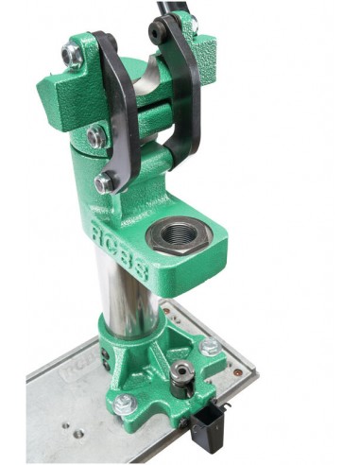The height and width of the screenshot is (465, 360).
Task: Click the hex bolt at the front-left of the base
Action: pyautogui.click(x=125, y=404)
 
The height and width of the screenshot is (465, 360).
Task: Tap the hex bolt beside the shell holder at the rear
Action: pyautogui.click(x=209, y=346)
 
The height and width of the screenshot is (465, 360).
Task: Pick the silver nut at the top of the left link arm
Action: pyautogui.click(x=73, y=55)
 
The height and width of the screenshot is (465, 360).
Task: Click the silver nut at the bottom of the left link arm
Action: pyautogui.click(x=103, y=183)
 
